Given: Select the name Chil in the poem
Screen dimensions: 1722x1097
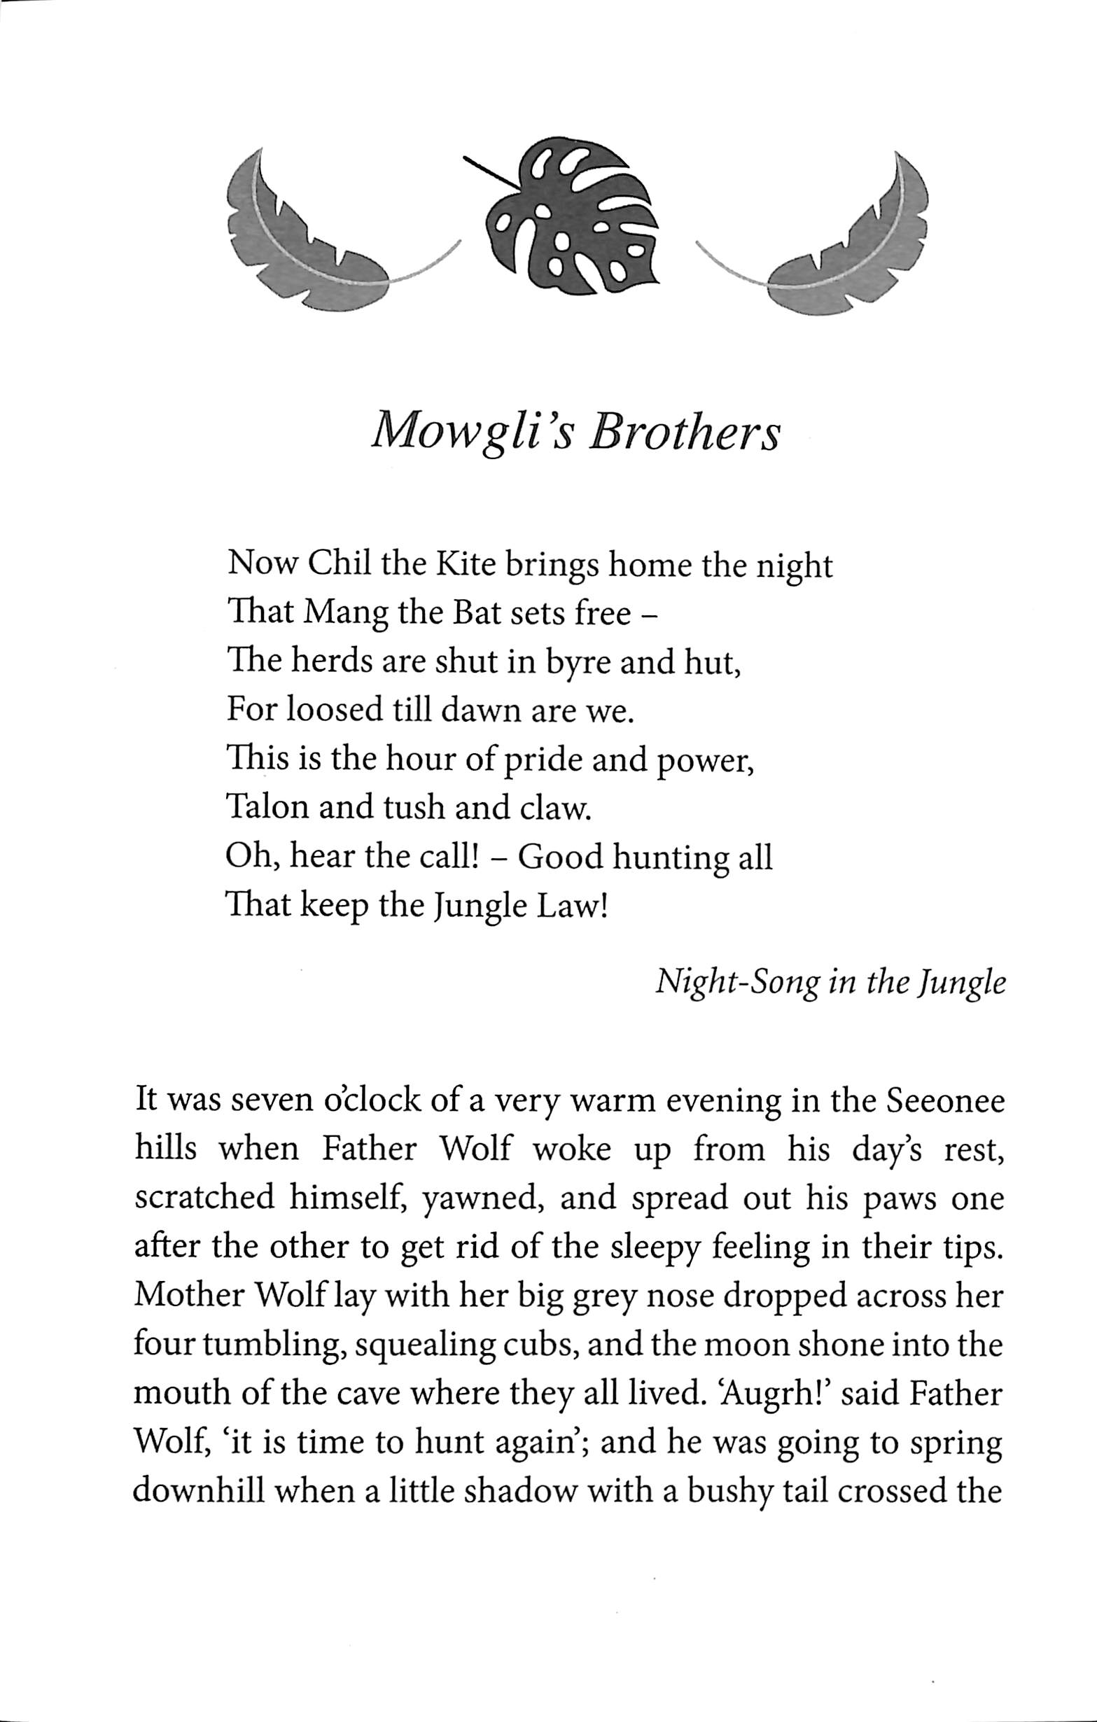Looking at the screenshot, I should click(x=338, y=566).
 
